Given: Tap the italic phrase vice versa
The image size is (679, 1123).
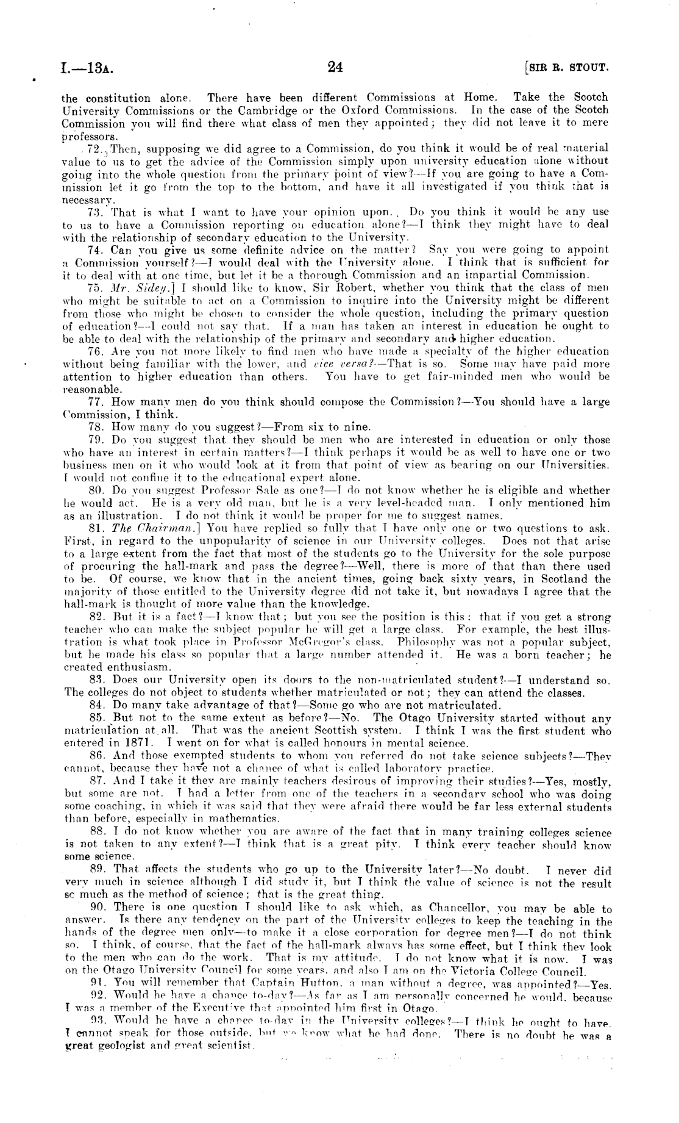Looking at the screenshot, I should pos(347,364).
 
